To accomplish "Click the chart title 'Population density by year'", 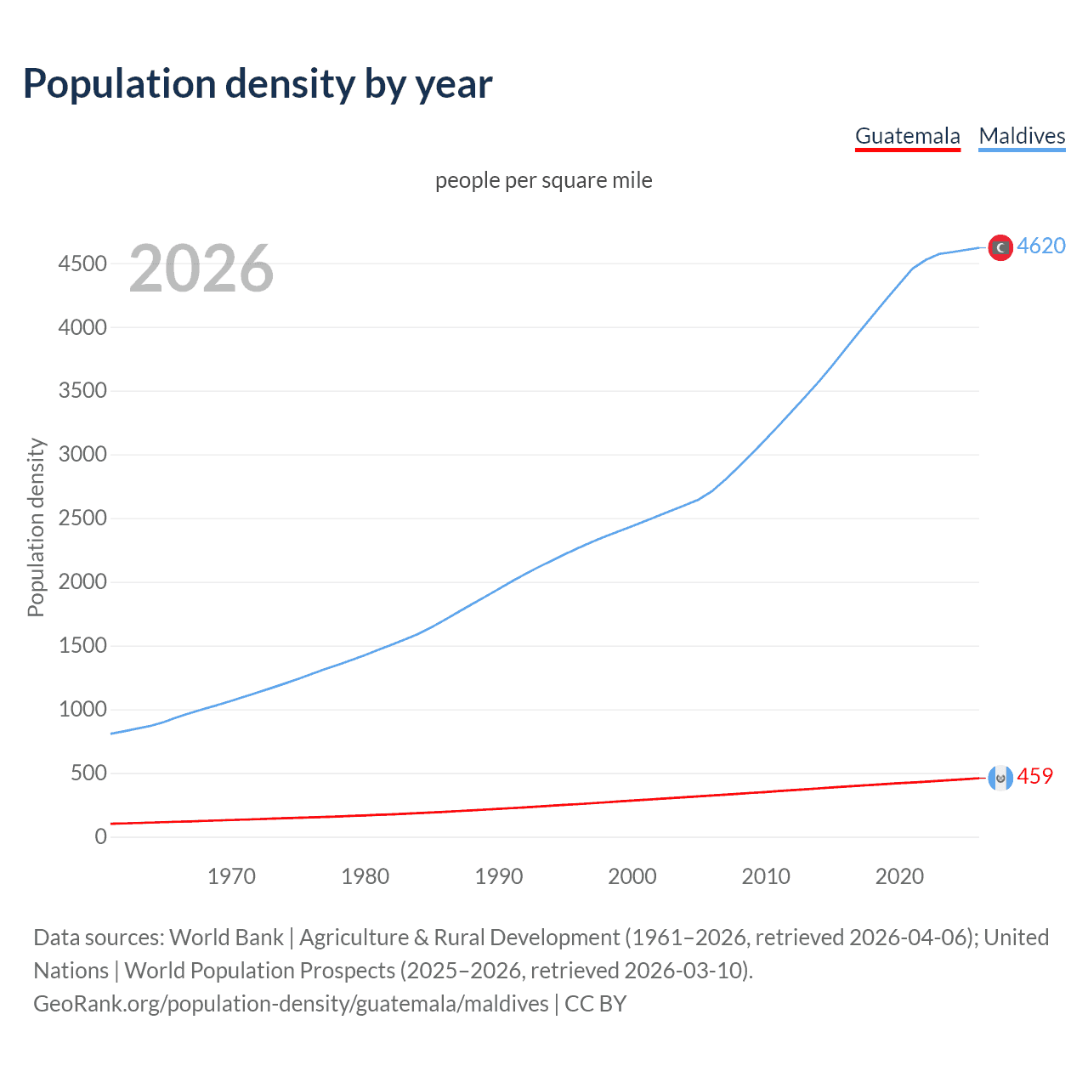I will [x=258, y=84].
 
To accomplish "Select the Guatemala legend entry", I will [x=907, y=136].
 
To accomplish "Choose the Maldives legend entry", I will [x=1022, y=136].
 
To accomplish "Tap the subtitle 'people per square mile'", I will [x=543, y=180].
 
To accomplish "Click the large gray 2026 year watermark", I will [x=201, y=269].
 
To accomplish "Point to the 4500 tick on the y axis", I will [x=82, y=263].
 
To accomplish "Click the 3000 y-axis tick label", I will [x=82, y=455].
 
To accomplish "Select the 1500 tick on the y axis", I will [x=82, y=646].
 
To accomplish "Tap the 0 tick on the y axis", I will [x=101, y=837].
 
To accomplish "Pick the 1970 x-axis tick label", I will [x=231, y=876].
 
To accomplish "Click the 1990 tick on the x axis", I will [x=499, y=876].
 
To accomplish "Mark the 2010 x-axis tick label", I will [x=766, y=876].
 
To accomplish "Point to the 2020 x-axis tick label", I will [x=899, y=876].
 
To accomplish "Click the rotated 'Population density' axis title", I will [x=36, y=527].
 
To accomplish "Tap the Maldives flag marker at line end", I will [x=1000, y=247].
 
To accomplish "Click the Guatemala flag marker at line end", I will [x=1000, y=778].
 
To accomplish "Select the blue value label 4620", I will [x=1041, y=246].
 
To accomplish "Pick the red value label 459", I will [x=1034, y=776].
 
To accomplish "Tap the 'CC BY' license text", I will [x=595, y=1004].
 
